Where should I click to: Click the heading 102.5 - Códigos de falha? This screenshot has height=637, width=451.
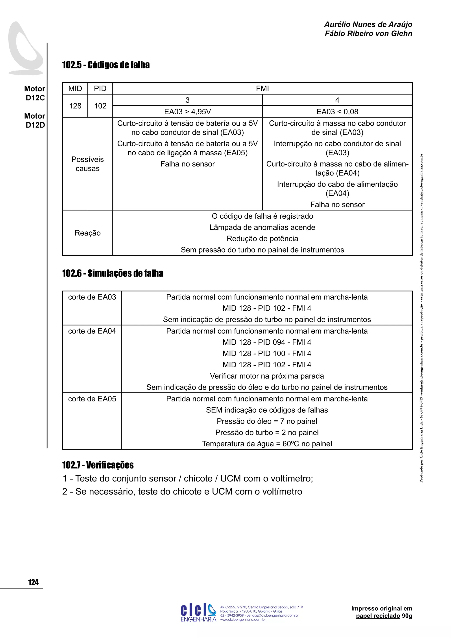(x=106, y=65)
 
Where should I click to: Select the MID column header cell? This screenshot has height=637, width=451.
(x=75, y=88)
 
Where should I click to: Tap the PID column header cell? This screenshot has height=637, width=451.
(x=100, y=88)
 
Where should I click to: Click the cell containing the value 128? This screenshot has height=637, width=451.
(x=75, y=106)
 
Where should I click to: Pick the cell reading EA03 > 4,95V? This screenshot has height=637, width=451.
(x=187, y=112)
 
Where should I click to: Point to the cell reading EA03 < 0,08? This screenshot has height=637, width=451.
(x=337, y=112)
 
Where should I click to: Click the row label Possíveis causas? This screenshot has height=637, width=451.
(x=87, y=164)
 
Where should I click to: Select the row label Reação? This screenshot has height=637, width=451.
(x=87, y=233)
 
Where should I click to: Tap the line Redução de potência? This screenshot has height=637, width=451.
(x=262, y=239)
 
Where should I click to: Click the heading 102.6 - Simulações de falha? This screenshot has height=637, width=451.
(x=113, y=273)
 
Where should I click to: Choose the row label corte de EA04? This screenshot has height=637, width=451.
(x=92, y=331)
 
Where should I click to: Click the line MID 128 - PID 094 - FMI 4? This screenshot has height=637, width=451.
(x=267, y=342)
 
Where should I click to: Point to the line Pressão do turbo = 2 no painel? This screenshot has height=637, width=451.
(x=267, y=432)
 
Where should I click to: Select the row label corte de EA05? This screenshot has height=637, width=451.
(x=92, y=399)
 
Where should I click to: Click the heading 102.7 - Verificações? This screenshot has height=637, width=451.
(x=98, y=465)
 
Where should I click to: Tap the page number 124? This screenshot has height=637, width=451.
(x=33, y=582)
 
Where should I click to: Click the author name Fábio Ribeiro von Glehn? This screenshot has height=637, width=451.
(x=368, y=34)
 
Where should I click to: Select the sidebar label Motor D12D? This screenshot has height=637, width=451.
(x=35, y=120)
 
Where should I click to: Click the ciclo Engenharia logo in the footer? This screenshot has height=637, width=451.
(x=198, y=612)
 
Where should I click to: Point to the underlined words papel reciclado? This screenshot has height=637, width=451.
(x=378, y=616)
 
